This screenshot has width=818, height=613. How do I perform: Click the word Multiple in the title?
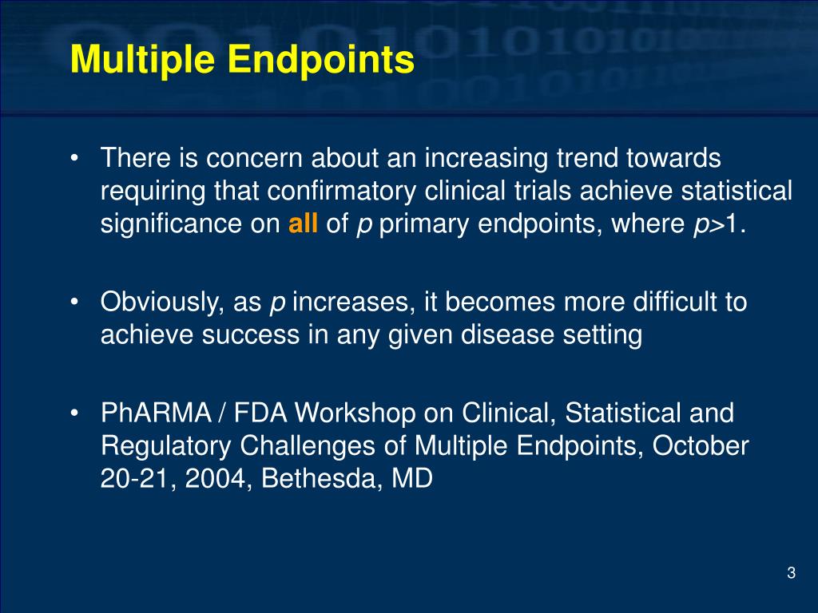click(137, 61)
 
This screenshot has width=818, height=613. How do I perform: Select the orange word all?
click(304, 224)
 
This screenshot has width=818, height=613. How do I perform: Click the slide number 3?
click(791, 572)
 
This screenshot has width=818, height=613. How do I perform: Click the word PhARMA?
click(152, 413)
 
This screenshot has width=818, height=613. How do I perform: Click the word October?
click(701, 446)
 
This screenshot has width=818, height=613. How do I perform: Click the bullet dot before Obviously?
click(74, 303)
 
